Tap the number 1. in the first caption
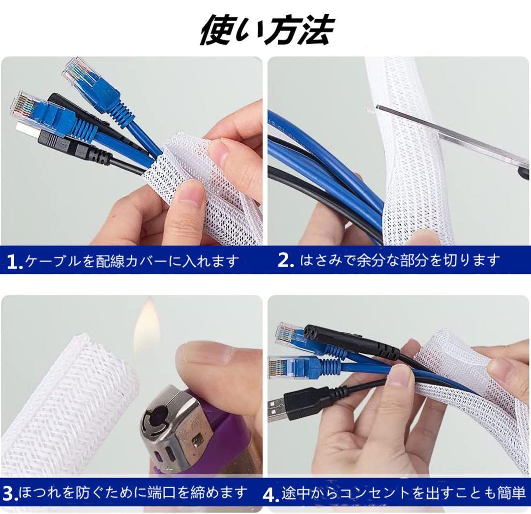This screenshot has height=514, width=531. (x=15, y=262)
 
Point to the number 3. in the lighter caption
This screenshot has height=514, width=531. (x=10, y=494)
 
